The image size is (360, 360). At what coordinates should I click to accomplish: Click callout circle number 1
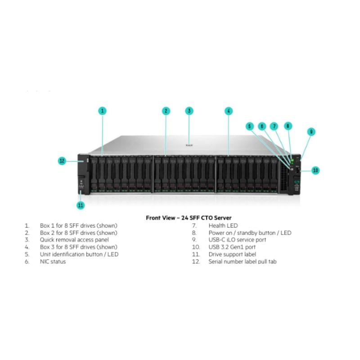point(103,111)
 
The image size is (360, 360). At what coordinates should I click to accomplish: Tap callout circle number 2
point(166,111)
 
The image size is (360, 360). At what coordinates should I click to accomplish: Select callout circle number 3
point(189,111)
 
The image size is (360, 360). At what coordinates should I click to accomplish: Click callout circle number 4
point(229,111)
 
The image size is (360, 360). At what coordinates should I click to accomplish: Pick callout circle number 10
point(315,170)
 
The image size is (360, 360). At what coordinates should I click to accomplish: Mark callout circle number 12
point(62,160)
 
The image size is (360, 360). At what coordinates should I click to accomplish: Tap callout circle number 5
point(250,126)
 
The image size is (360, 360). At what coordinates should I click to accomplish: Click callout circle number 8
point(288,126)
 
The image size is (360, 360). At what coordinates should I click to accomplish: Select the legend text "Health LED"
point(223,225)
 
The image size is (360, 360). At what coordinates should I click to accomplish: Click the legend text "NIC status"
point(53,261)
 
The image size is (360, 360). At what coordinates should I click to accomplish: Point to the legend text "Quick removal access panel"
point(74,240)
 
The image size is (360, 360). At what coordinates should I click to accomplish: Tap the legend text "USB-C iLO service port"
point(237,240)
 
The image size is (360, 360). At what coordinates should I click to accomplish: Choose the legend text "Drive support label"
point(231,254)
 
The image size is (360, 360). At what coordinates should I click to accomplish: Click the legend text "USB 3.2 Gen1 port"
point(232,247)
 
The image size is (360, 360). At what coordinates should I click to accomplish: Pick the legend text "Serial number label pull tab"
point(242,261)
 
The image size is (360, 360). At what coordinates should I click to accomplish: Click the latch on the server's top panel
point(189,145)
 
